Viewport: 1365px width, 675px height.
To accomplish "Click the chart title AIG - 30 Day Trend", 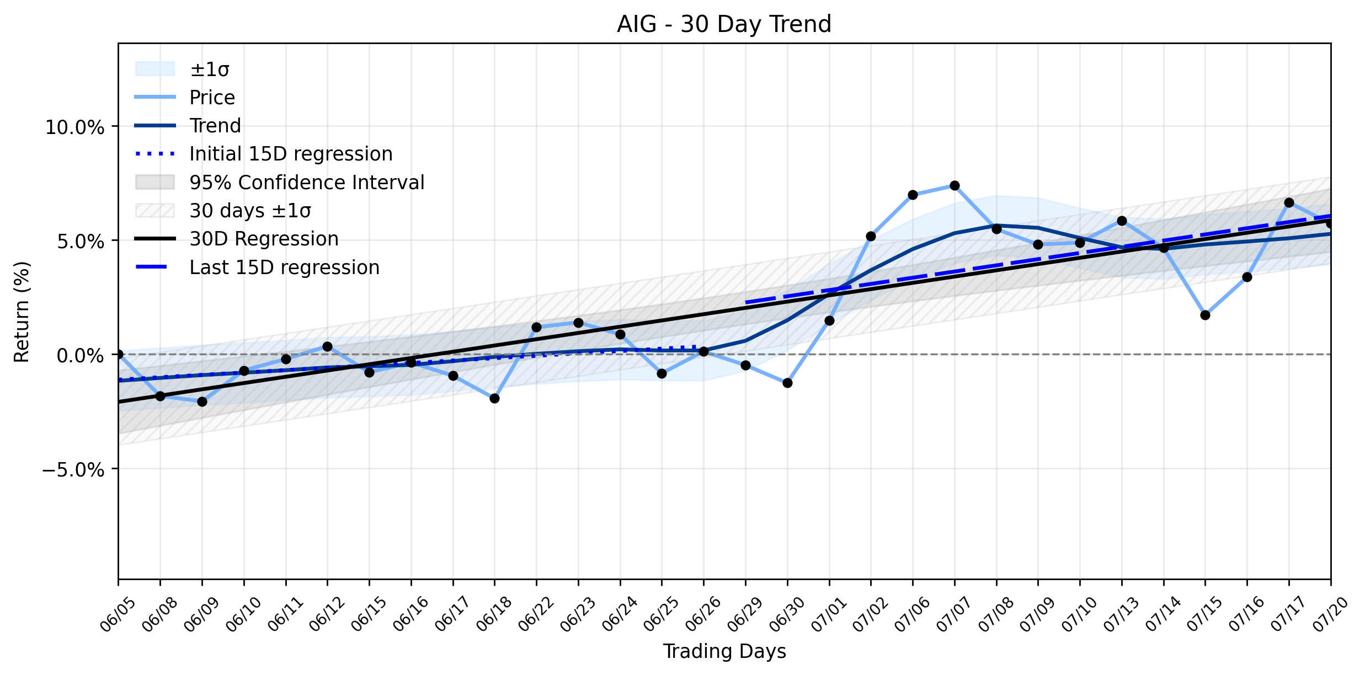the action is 724,24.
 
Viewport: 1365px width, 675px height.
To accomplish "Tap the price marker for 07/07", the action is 955,186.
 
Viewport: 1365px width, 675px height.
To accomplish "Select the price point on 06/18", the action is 494,398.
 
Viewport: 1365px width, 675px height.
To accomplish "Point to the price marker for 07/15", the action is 1205,315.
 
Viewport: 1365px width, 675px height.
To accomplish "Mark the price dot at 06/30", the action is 787,383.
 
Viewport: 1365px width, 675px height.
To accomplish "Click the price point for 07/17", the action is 1289,202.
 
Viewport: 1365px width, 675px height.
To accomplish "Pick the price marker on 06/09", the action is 202,401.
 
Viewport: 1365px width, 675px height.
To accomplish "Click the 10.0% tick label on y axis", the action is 74,127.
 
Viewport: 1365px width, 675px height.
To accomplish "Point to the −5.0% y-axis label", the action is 73,470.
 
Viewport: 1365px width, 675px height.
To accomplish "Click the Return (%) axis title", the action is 22,312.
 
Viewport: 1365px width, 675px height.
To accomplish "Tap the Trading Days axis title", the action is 724,651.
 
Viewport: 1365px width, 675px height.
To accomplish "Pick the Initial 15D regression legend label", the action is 291,154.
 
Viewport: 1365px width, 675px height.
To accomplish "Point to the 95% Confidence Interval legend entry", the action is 307,183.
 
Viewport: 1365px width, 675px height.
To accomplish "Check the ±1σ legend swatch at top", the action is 155,69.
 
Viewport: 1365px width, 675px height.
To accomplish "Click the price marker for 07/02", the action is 871,236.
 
